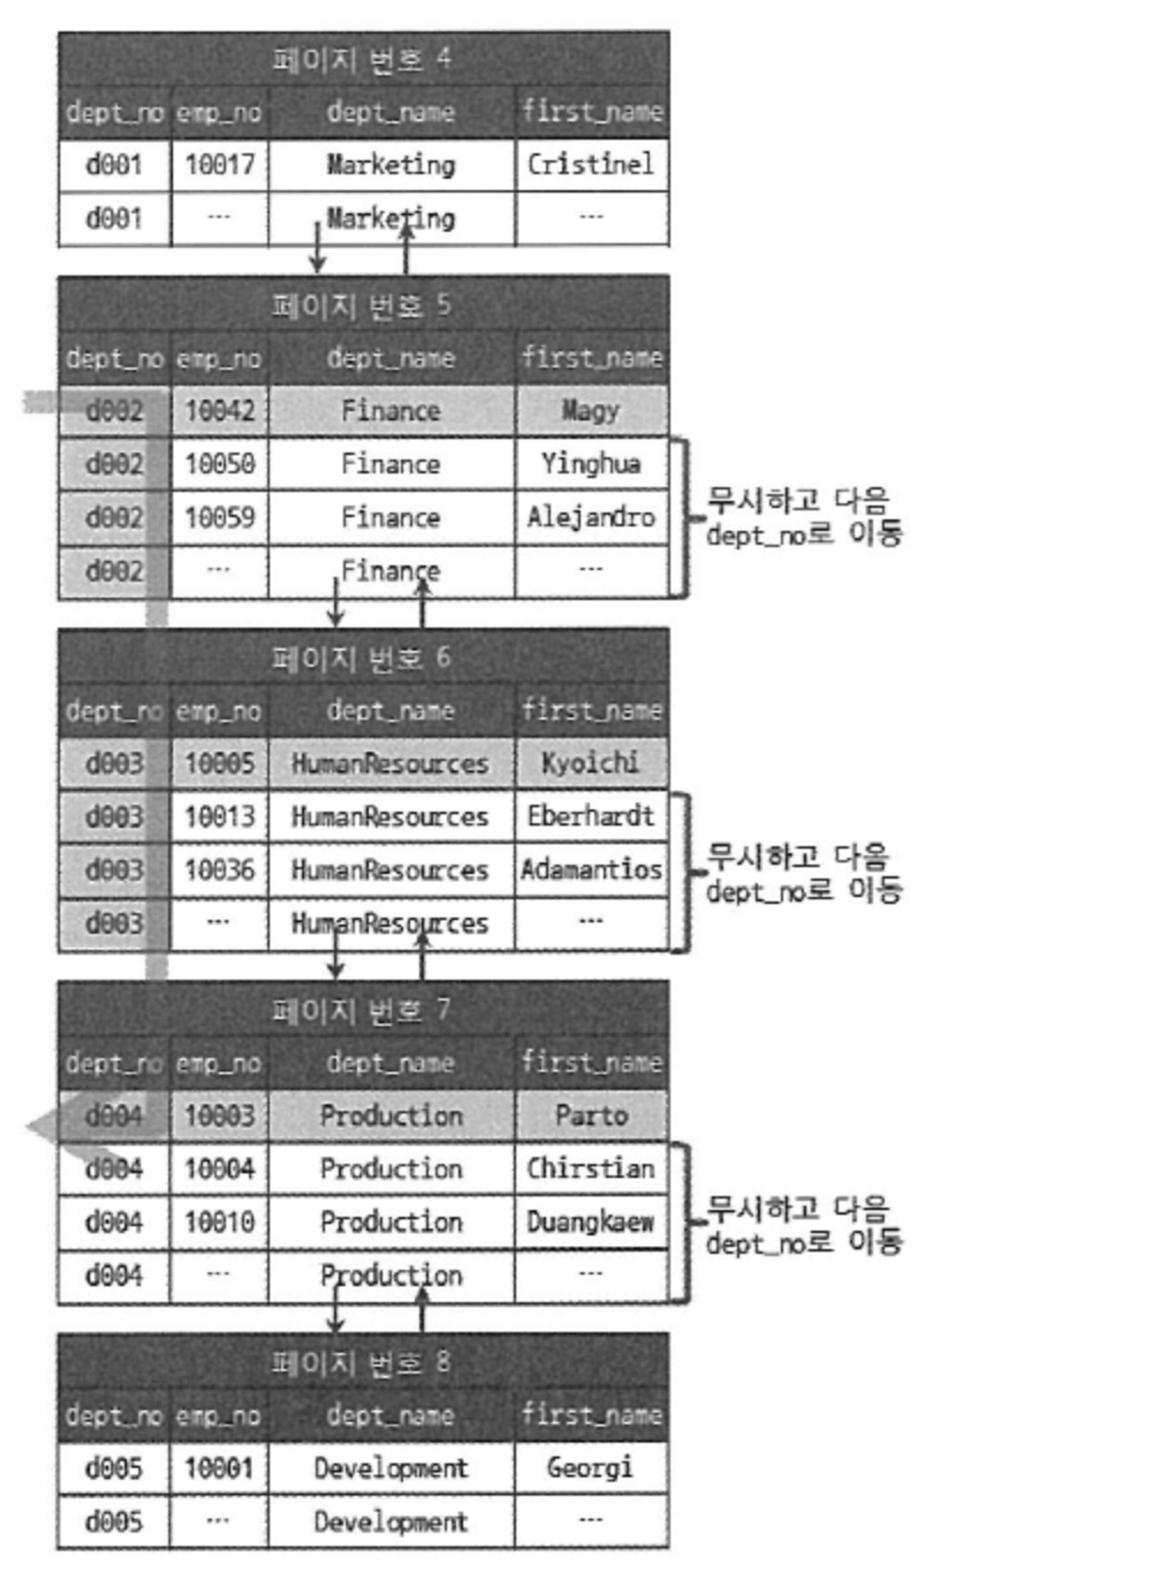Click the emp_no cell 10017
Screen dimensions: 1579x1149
point(219,165)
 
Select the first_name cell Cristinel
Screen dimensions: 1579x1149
point(591,165)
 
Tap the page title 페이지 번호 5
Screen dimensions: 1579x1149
point(362,305)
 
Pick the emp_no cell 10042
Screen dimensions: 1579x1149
point(219,411)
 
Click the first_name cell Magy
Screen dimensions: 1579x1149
point(591,411)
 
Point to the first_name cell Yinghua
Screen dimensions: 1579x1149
point(591,464)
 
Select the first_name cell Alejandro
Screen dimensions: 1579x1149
point(591,518)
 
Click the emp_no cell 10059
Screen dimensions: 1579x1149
point(219,518)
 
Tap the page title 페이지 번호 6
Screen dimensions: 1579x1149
point(362,658)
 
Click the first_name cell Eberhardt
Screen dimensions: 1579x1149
point(591,816)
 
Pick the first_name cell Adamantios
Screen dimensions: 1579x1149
point(591,870)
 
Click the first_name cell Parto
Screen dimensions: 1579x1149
point(591,1116)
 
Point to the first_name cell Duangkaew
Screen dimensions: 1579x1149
point(591,1222)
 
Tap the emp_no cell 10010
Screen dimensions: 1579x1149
point(219,1222)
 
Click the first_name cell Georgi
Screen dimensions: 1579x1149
point(591,1468)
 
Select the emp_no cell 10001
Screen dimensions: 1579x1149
point(219,1468)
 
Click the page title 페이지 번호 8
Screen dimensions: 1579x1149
point(362,1362)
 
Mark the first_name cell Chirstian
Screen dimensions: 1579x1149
point(591,1169)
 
